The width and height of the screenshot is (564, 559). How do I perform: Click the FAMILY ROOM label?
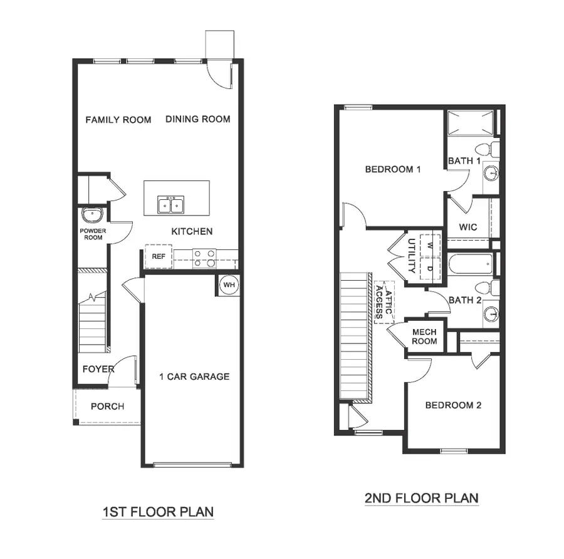[118, 119]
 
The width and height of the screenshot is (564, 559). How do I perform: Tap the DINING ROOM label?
[198, 118]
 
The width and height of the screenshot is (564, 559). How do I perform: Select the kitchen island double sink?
[170, 204]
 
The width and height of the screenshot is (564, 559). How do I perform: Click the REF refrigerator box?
[159, 256]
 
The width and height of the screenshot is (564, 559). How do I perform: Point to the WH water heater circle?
[229, 285]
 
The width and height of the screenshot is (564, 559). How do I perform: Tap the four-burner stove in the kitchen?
[204, 258]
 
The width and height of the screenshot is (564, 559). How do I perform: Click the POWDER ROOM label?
[93, 234]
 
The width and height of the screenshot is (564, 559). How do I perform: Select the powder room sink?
[92, 214]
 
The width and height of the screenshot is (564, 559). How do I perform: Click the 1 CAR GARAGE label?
[194, 377]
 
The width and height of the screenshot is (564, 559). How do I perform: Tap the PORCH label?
[107, 406]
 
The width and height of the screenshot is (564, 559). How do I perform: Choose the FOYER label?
[98, 369]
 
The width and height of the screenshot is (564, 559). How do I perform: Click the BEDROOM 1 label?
[393, 169]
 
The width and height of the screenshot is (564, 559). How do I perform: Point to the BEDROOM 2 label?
[453, 405]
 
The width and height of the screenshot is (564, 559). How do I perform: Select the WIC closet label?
[468, 227]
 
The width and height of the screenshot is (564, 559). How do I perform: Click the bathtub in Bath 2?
[470, 265]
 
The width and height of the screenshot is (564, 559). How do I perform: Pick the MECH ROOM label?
[424, 337]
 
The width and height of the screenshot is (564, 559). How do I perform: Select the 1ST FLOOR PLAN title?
[158, 512]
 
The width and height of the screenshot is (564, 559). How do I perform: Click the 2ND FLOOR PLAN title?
[421, 499]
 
